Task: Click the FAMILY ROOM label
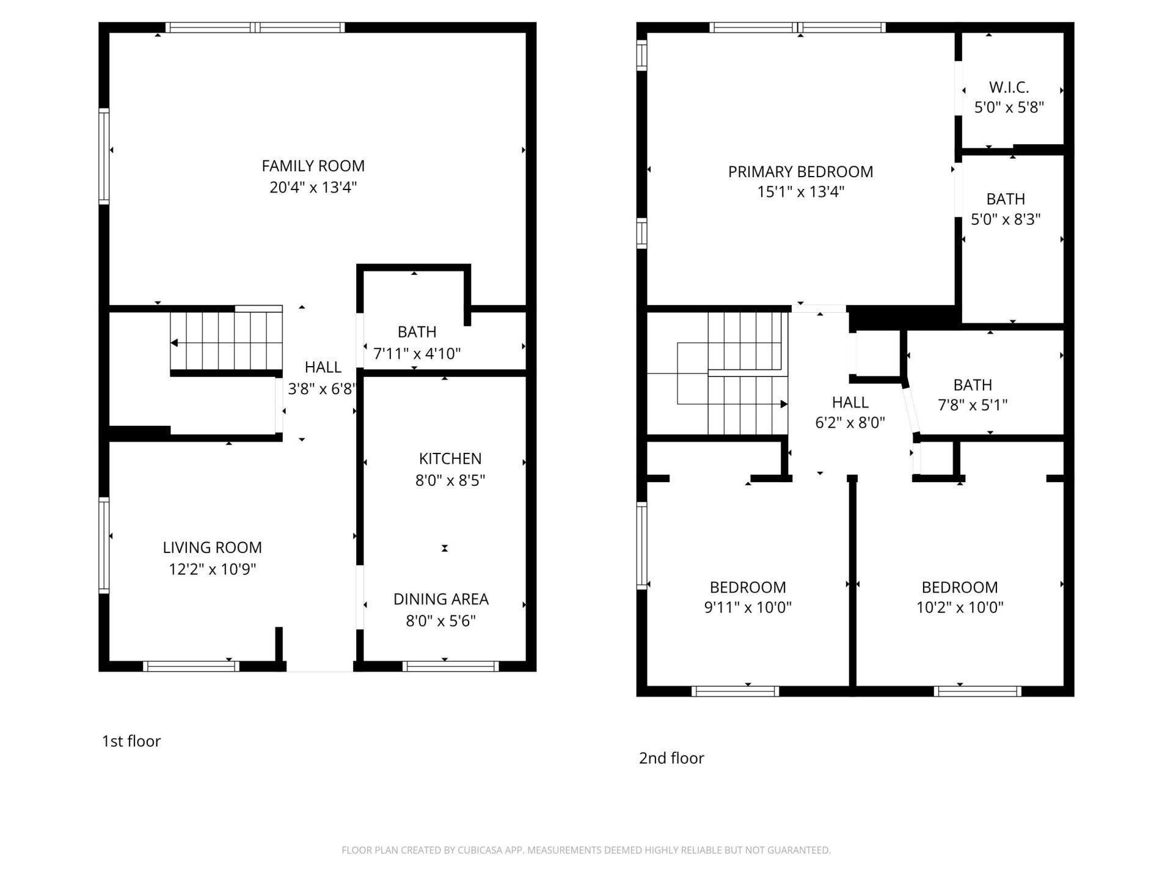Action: click(x=313, y=166)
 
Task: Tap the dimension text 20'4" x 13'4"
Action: click(x=313, y=187)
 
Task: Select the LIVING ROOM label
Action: click(x=212, y=548)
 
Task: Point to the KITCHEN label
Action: click(x=450, y=458)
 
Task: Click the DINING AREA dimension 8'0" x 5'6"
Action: click(x=440, y=621)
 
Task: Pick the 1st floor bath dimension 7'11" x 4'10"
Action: click(x=417, y=353)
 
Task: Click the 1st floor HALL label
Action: click(x=323, y=367)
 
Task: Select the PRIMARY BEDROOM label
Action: click(x=800, y=172)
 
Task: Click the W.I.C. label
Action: click(x=1009, y=87)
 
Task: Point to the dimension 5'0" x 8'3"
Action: click(x=1006, y=219)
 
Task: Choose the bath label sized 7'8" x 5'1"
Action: click(x=973, y=385)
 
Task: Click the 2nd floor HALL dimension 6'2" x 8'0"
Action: click(x=850, y=422)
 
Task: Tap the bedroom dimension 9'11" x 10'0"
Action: click(x=748, y=607)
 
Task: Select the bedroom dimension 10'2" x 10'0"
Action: click(x=960, y=607)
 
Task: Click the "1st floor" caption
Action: click(x=131, y=741)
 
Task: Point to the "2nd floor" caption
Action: click(x=671, y=758)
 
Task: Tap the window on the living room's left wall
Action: click(x=104, y=546)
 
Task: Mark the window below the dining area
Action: click(x=450, y=666)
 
